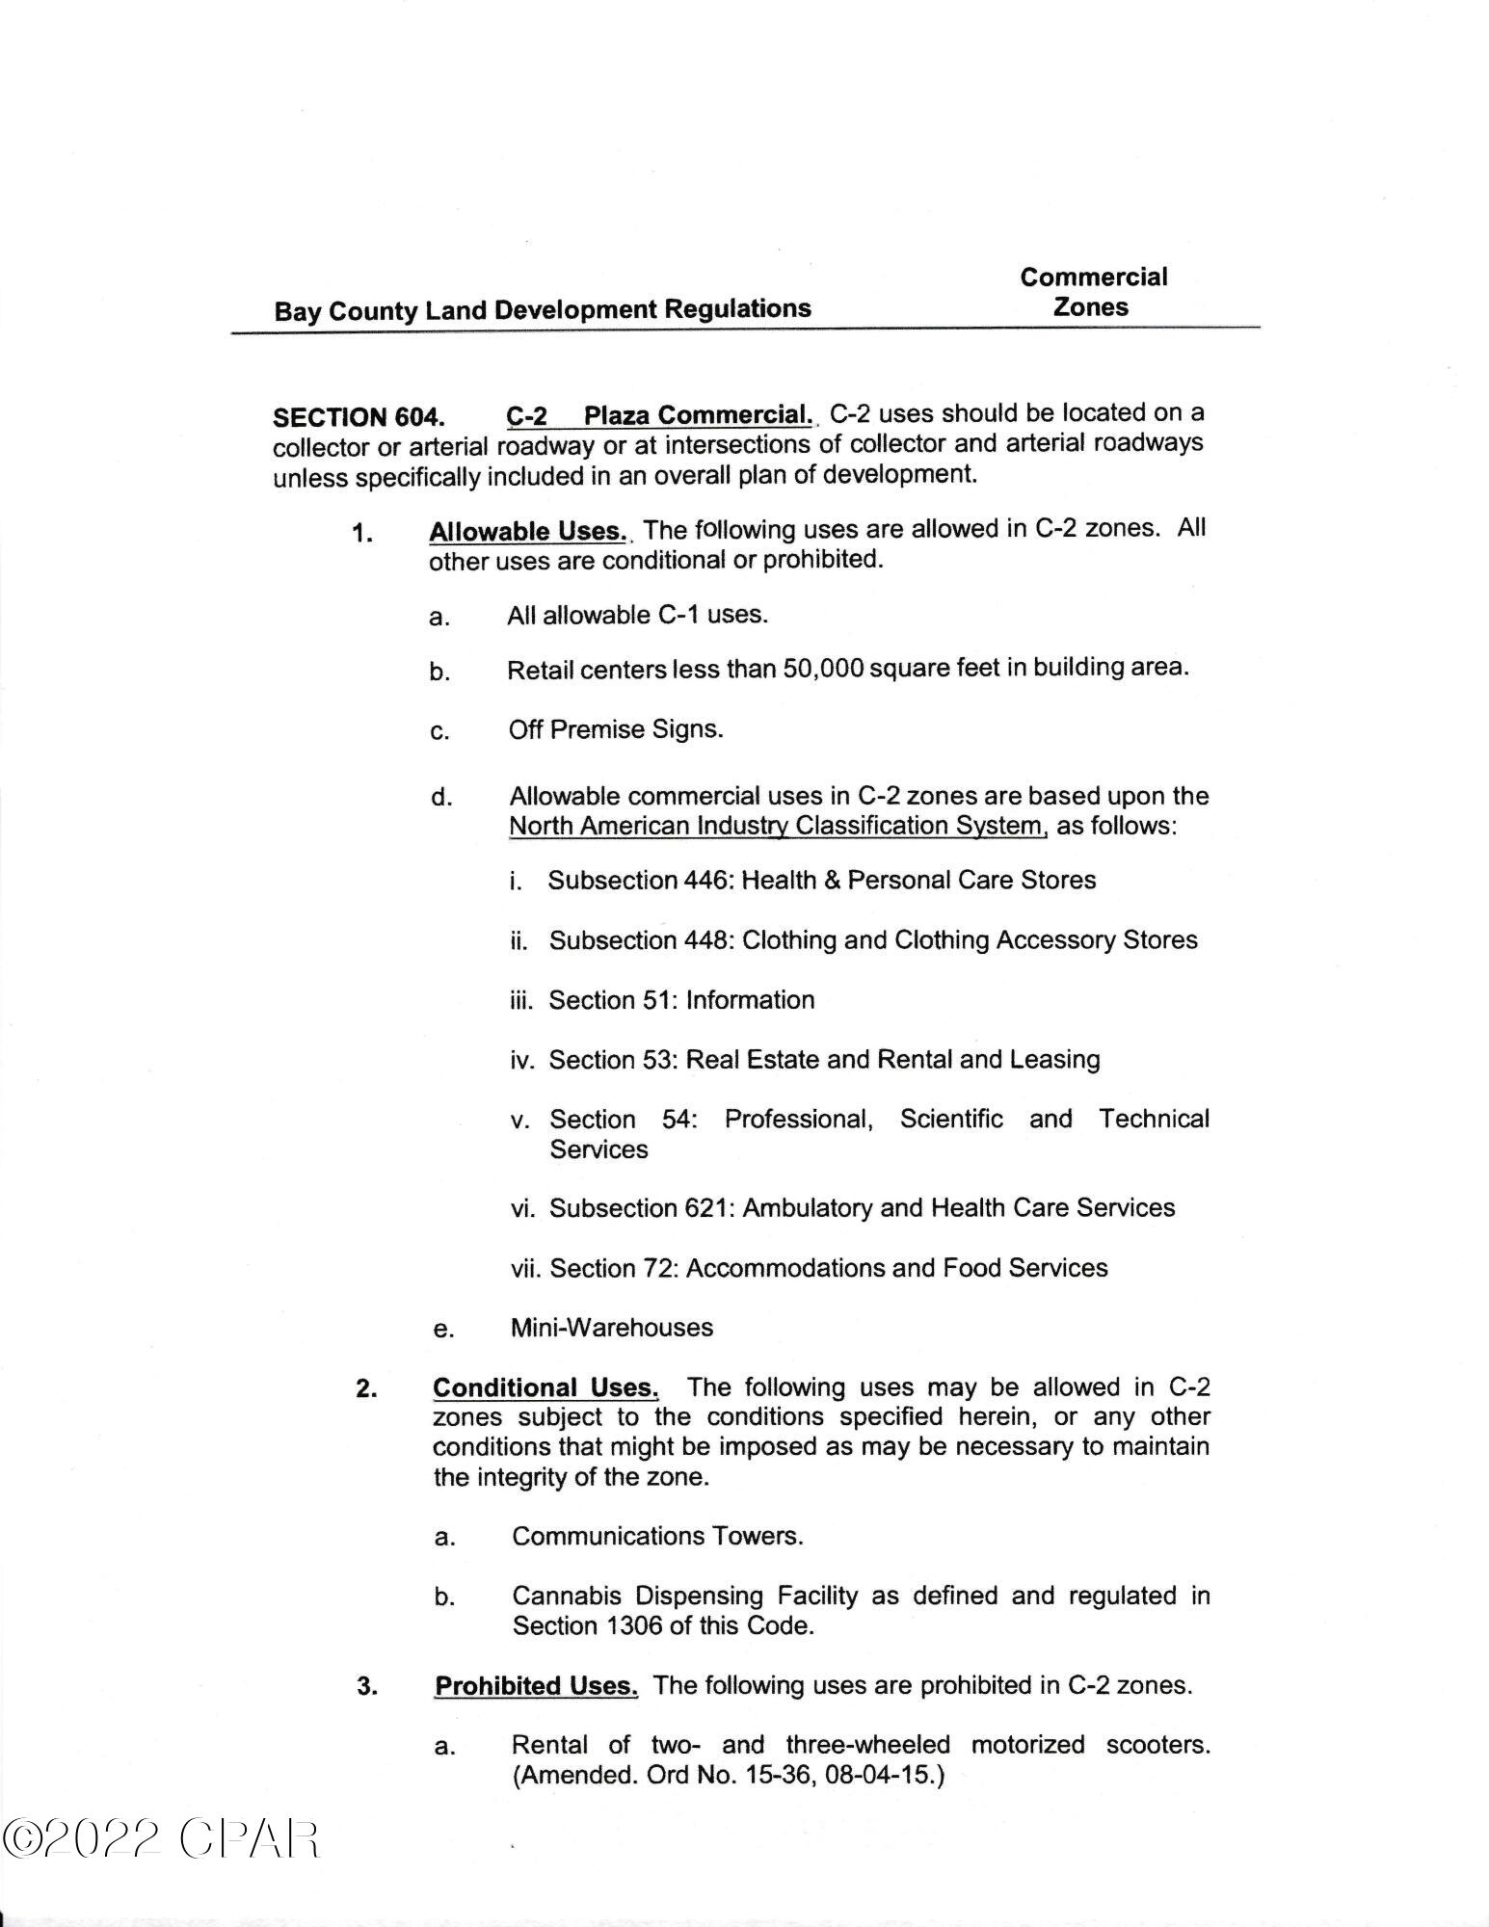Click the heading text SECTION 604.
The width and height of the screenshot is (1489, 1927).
click(359, 417)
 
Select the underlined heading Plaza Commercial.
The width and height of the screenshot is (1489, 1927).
click(698, 415)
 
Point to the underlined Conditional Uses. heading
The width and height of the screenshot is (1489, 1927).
click(545, 1387)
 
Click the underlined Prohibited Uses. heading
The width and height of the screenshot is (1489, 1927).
click(536, 1686)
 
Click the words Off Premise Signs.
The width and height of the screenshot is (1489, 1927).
click(616, 729)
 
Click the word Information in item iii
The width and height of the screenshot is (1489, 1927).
click(750, 1000)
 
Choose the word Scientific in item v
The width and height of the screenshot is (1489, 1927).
click(951, 1119)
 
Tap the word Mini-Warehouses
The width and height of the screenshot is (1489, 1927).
click(612, 1328)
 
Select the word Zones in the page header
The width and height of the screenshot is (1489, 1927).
click(1091, 307)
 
